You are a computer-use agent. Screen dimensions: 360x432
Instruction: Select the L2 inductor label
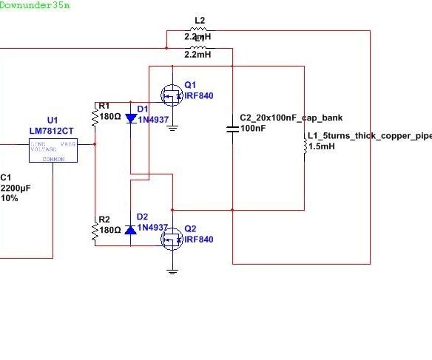199,21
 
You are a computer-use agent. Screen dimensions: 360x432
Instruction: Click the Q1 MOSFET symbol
172,95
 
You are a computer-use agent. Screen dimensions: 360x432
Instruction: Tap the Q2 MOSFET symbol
172,239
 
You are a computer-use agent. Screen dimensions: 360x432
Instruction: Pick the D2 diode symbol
131,230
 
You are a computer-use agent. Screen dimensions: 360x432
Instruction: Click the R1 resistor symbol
95,115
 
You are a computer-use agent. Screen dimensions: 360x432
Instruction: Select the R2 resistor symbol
95,231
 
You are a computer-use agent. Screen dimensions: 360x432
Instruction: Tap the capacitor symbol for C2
233,129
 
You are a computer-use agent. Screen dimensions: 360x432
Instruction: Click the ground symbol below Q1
172,128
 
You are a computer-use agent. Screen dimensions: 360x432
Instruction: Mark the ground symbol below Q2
172,271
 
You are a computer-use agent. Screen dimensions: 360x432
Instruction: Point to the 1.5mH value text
321,147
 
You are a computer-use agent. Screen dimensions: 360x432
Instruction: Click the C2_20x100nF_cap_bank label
291,118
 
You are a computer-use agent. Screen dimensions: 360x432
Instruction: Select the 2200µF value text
16,189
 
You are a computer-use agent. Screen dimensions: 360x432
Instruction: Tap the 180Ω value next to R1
110,116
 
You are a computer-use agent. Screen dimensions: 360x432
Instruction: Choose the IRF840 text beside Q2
198,240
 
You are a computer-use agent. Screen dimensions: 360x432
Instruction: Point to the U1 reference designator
52,120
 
